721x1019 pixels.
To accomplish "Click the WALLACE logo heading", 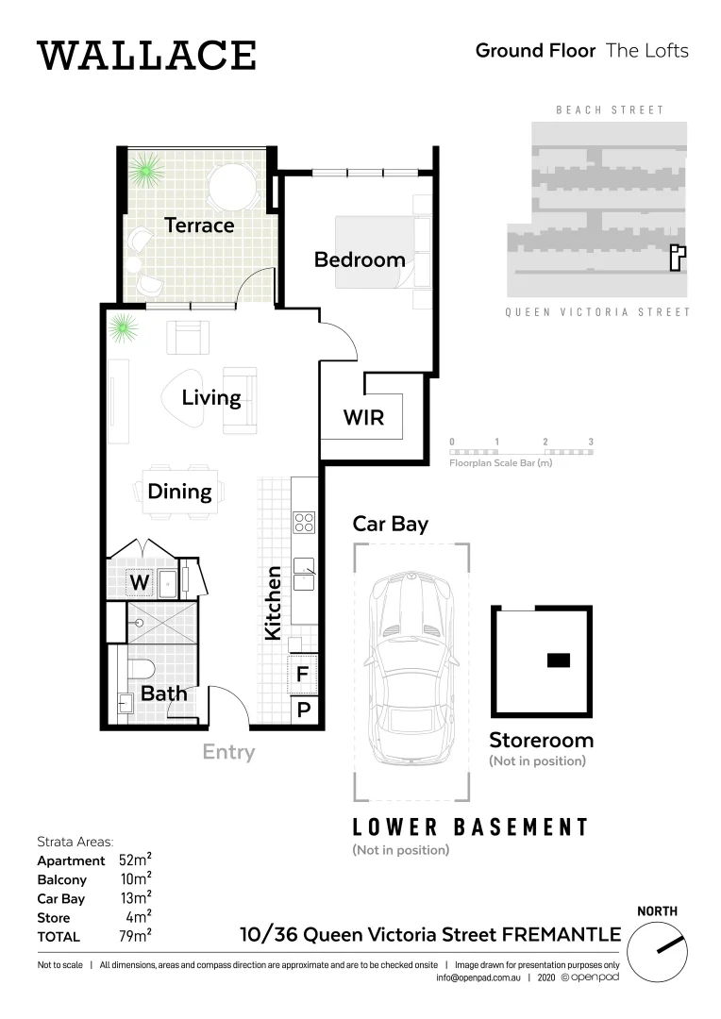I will tap(146, 56).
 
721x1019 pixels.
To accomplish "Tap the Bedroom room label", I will tap(360, 259).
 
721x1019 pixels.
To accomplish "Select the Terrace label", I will tap(199, 226).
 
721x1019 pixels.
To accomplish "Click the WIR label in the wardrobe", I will tap(363, 416).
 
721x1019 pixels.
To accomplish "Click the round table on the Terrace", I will tap(232, 186).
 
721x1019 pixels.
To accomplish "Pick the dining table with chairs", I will tap(183, 491).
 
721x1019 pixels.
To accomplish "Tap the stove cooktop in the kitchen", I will tap(304, 522).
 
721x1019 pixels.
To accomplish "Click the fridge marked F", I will tap(303, 675).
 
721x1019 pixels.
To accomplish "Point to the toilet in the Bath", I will tap(141, 670).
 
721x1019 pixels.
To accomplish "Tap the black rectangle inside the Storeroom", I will tap(558, 660).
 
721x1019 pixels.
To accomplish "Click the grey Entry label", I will tap(228, 752).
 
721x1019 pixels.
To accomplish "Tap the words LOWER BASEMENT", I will tap(470, 827).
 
